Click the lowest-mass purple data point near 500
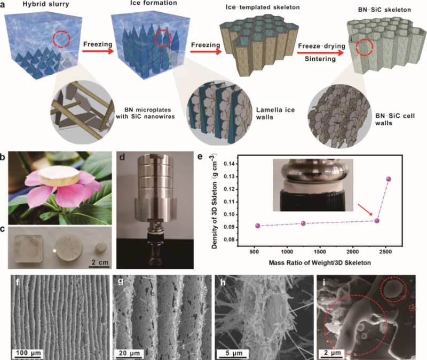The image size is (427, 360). (x=258, y=226)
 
